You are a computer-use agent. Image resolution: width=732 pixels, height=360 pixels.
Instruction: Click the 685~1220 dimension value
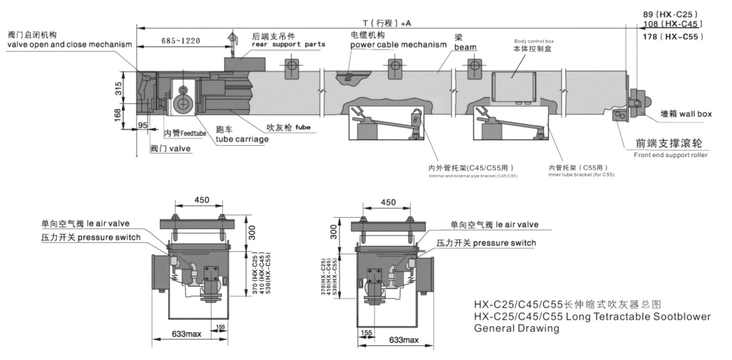181,41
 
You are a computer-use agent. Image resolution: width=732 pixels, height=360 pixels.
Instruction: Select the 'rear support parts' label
288,44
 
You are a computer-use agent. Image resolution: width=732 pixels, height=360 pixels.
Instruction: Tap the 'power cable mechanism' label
398,44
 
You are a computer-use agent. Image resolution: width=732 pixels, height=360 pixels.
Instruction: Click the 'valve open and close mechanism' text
70,44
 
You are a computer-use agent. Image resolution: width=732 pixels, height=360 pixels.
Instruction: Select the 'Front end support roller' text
670,155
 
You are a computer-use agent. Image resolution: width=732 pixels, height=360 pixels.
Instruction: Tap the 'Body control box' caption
534,41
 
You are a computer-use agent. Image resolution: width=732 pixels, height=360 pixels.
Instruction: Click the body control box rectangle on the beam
513,86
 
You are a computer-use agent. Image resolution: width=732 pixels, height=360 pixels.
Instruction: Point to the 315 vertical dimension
118,89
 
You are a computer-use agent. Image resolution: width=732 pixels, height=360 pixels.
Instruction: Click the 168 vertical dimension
118,114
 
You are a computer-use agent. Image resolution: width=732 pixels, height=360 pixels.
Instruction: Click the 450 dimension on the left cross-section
201,200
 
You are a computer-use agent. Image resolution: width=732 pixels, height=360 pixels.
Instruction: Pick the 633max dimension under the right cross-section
404,340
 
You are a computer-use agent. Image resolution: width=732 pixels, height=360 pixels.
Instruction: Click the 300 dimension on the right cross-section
334,232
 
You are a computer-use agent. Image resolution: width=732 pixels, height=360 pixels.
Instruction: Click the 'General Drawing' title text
517,328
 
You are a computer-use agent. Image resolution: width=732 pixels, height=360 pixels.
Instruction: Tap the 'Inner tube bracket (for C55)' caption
581,175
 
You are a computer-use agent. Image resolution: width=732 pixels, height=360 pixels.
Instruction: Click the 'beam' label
465,48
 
